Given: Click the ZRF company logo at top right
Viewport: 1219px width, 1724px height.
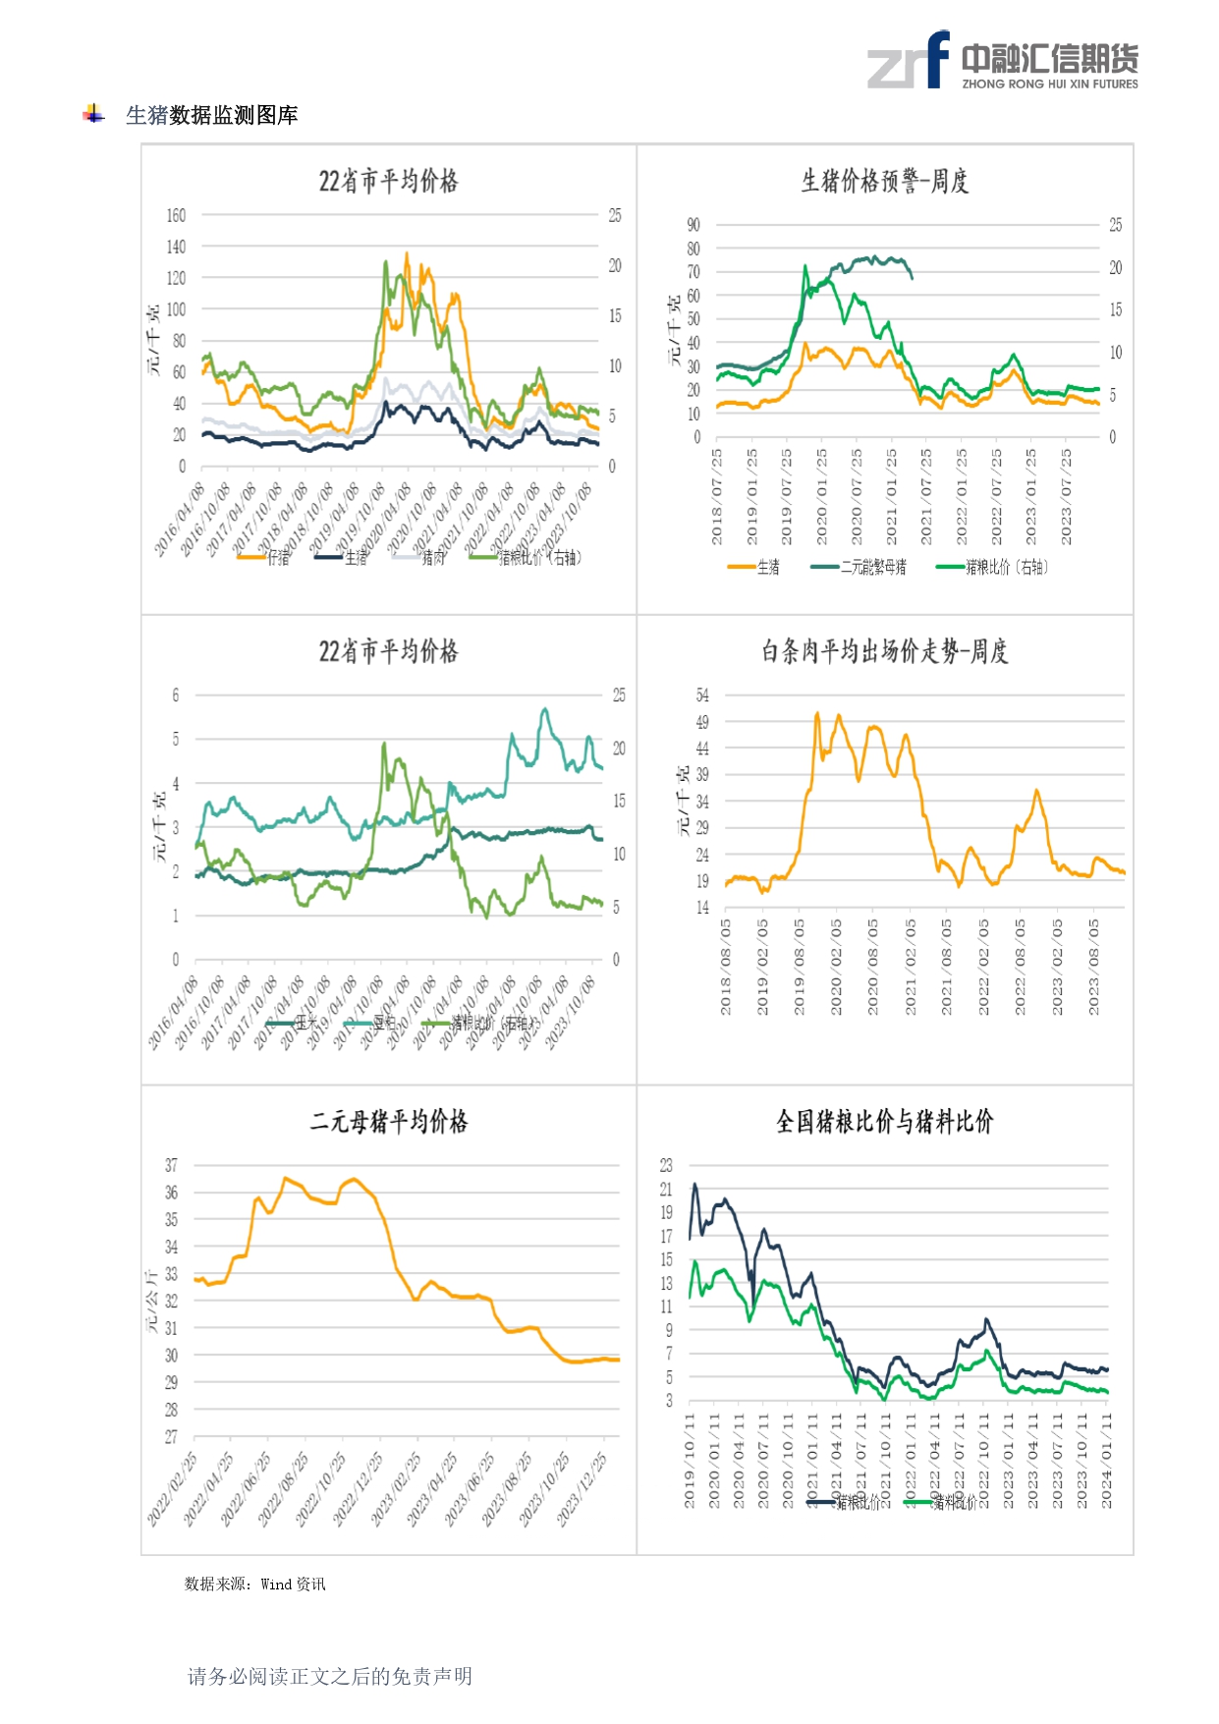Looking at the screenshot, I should click(x=1002, y=61).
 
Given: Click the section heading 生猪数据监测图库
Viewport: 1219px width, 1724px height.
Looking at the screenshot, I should click(x=211, y=115).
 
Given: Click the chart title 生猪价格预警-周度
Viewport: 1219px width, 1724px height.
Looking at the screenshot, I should click(x=884, y=181).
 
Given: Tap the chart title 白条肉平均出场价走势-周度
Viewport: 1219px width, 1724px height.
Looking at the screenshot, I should click(x=884, y=651).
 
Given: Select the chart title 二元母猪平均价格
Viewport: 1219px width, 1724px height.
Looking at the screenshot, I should click(x=389, y=1121).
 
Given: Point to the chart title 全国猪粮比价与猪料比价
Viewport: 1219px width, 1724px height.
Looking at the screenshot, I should click(x=884, y=1121).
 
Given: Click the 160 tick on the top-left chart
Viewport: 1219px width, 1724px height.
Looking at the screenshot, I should click(x=176, y=215).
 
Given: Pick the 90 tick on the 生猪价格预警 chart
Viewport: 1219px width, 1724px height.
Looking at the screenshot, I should click(x=693, y=225).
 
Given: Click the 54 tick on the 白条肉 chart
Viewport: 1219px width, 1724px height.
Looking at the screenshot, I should click(x=702, y=695).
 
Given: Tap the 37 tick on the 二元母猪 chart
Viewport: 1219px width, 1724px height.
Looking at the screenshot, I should click(x=172, y=1165).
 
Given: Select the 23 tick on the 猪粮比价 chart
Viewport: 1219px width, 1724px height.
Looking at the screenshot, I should click(x=666, y=1165).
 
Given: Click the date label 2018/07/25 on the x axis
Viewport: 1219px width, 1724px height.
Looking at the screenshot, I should click(x=717, y=496).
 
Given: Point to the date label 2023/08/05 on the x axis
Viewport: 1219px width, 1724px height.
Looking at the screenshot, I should click(x=1094, y=967).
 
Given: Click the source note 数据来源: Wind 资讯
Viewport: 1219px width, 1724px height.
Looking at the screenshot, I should click(x=254, y=1584).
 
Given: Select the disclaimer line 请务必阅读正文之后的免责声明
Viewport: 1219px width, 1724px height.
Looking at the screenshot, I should click(x=330, y=1676).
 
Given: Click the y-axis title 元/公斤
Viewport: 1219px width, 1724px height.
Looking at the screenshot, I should click(x=152, y=1300).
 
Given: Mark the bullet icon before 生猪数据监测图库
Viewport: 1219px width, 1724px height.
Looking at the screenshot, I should click(x=93, y=114).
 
